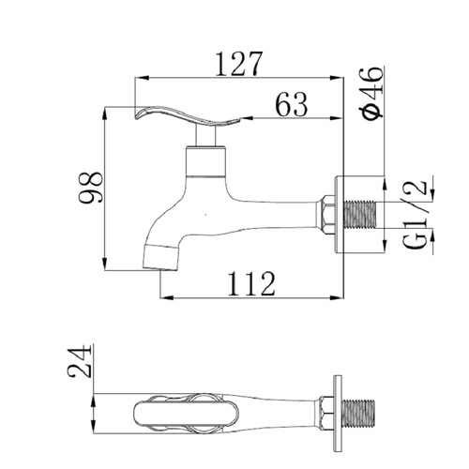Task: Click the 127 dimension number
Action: tap(239, 64)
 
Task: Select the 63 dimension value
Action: tap(292, 104)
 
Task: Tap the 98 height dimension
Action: tap(90, 188)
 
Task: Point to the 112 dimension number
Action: tap(251, 284)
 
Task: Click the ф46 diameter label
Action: tap(371, 93)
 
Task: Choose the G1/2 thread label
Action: tap(415, 215)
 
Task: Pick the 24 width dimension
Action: tap(79, 361)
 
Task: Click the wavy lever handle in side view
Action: tap(188, 117)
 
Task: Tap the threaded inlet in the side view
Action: tap(360, 215)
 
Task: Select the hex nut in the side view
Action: tap(328, 215)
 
